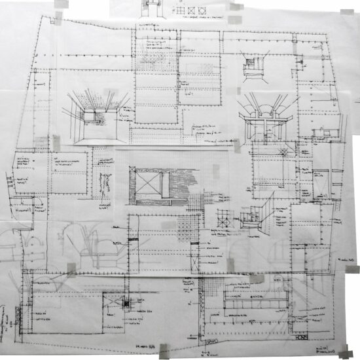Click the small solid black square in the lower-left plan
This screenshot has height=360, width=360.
pyautogui.click(x=126, y=302)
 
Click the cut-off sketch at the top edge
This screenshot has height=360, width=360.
pyautogui.click(x=153, y=5)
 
